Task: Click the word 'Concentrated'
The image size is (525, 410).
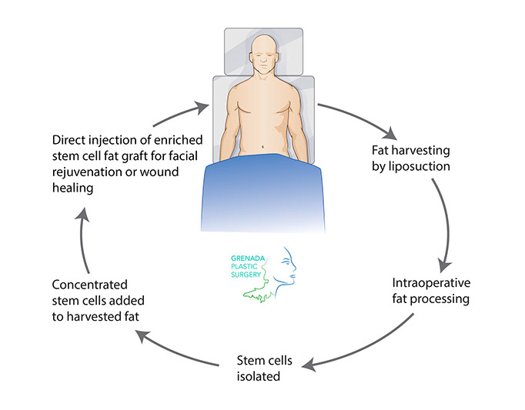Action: tap(89, 284)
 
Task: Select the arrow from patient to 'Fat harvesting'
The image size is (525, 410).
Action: tap(362, 115)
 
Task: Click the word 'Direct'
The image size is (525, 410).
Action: tap(71, 141)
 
